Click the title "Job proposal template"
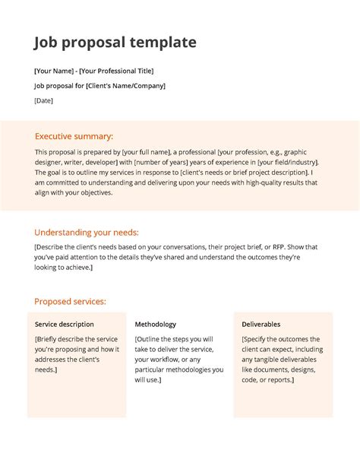[x=115, y=43]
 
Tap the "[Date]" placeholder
[x=44, y=100]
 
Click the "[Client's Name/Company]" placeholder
[x=125, y=85]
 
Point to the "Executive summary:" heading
[x=74, y=136]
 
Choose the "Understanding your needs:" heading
[x=87, y=233]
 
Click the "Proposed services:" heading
[x=70, y=301]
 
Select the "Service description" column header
[x=65, y=324]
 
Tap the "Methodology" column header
[x=155, y=324]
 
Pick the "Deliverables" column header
[x=261, y=324]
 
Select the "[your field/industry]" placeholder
[x=288, y=162]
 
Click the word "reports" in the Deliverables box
[x=279, y=379]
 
